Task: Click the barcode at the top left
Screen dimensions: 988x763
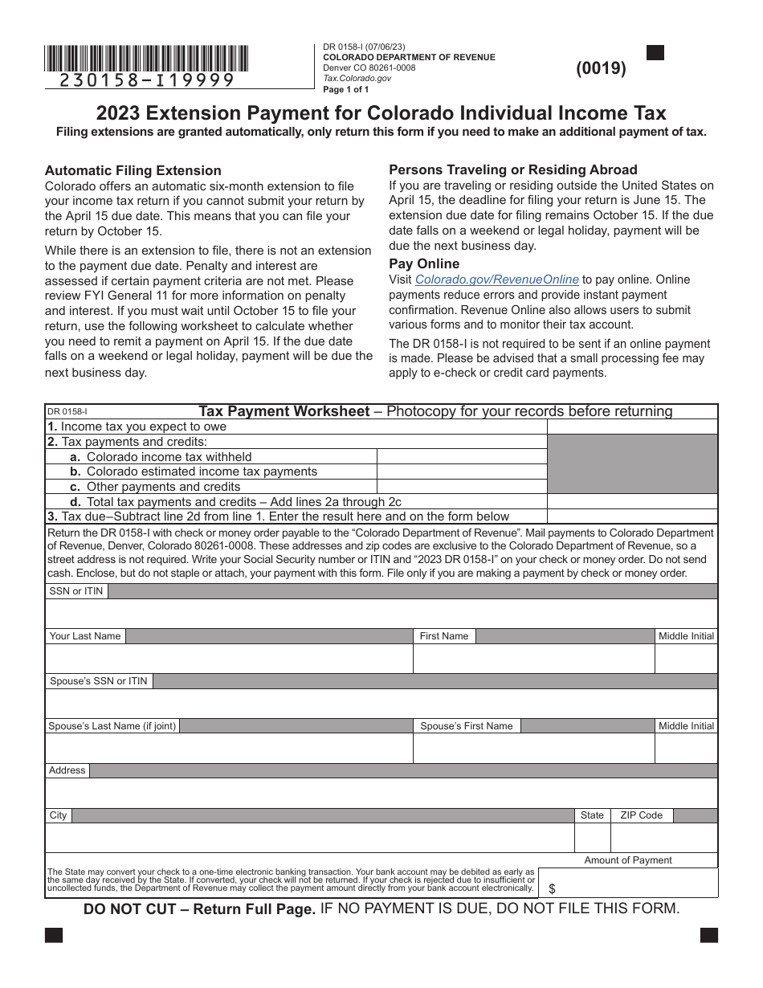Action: point(146,59)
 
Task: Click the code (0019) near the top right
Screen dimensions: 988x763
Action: point(601,68)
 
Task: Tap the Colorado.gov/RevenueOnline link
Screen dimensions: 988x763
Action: point(496,280)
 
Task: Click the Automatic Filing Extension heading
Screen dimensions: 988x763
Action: point(133,170)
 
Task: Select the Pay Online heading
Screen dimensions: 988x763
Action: point(424,263)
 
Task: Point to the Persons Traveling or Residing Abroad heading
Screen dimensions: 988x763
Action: point(512,169)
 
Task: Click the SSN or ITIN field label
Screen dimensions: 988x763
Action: point(76,591)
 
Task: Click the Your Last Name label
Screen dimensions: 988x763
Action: point(85,636)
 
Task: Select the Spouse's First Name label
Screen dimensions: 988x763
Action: point(466,726)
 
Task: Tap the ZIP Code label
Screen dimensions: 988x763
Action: point(641,815)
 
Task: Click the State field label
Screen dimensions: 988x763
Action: point(592,815)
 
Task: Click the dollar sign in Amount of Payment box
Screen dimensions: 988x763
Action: point(552,889)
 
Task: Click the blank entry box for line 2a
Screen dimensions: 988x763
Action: point(461,457)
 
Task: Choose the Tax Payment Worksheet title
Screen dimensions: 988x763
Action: point(284,411)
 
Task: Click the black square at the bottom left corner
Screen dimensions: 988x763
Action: point(54,935)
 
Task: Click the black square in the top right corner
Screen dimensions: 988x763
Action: point(655,53)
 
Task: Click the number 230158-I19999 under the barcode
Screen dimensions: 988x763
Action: point(148,80)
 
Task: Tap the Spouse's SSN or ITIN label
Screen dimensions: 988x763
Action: point(99,681)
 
